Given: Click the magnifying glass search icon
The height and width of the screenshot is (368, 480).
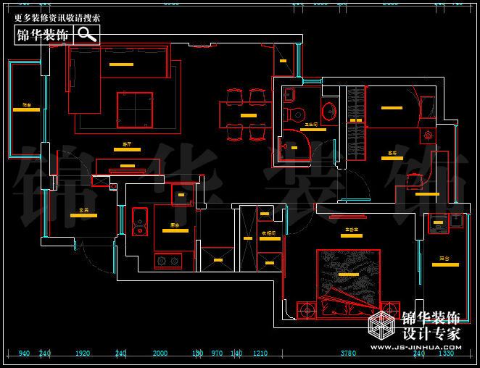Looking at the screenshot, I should click(87, 35).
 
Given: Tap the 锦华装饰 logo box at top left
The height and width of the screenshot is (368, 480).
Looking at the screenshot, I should click(44, 35).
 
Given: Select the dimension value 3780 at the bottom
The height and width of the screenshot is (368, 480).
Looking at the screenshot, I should click(348, 354).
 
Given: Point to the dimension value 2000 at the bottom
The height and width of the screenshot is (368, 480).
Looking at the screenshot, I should click(160, 354).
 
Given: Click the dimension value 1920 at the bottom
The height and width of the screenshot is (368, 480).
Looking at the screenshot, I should click(82, 354).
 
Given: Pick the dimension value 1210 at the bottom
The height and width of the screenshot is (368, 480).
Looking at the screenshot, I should click(260, 354).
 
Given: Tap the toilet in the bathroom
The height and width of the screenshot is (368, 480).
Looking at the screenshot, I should click(296, 114).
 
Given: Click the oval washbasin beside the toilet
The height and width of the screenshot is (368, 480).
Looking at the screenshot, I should click(329, 111).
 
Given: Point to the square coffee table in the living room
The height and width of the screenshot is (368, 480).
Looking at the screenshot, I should click(135, 110).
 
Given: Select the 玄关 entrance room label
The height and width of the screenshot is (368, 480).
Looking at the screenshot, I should click(83, 211).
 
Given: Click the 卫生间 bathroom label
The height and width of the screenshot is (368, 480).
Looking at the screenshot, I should click(311, 125).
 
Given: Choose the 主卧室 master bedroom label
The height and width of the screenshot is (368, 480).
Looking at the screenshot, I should click(352, 230).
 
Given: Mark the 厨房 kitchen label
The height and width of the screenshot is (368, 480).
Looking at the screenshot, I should click(175, 225).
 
